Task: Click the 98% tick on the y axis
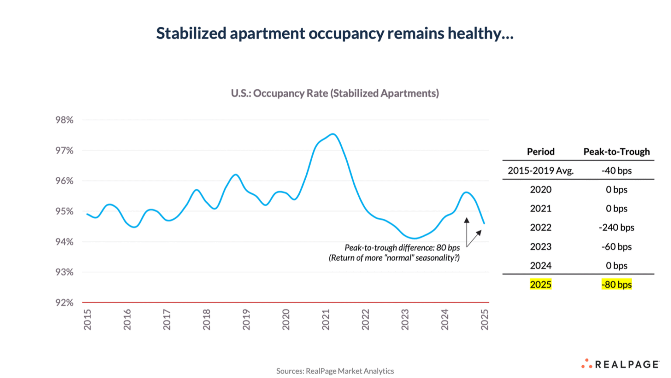tap(64, 120)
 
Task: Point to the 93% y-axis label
tap(64, 272)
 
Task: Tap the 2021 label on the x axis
tap(325, 319)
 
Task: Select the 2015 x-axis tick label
tap(87, 319)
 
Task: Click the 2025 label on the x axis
tap(484, 319)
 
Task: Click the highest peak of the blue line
tap(333, 134)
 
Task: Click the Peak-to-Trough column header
tap(616, 152)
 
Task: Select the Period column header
tap(540, 152)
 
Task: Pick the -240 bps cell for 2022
tap(616, 227)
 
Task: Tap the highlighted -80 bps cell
tap(616, 285)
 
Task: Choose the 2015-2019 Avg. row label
tap(540, 171)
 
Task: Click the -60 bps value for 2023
tap(616, 247)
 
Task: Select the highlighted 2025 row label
tap(540, 285)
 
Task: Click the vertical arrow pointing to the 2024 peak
tap(467, 232)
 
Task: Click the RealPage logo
tap(621, 364)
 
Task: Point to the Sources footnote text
tap(335, 371)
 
